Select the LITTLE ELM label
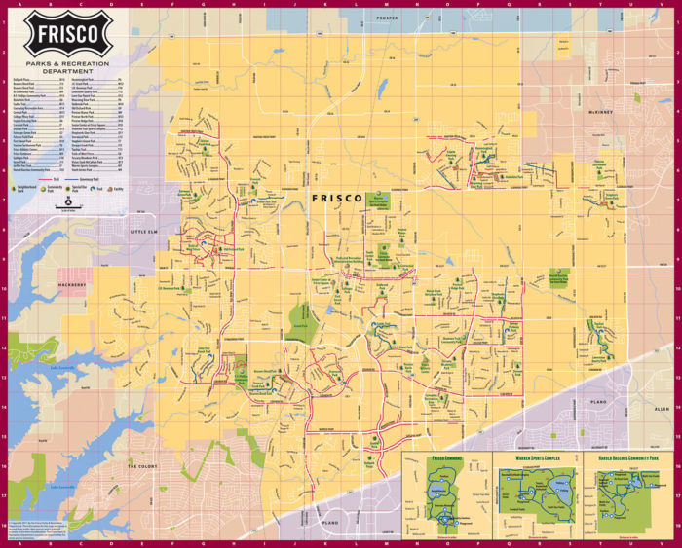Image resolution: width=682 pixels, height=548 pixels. pyautogui.click(x=150, y=232)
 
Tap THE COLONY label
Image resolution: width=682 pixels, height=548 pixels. pyautogui.click(x=142, y=467)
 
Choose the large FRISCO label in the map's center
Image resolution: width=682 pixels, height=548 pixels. pyautogui.click(x=336, y=198)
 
